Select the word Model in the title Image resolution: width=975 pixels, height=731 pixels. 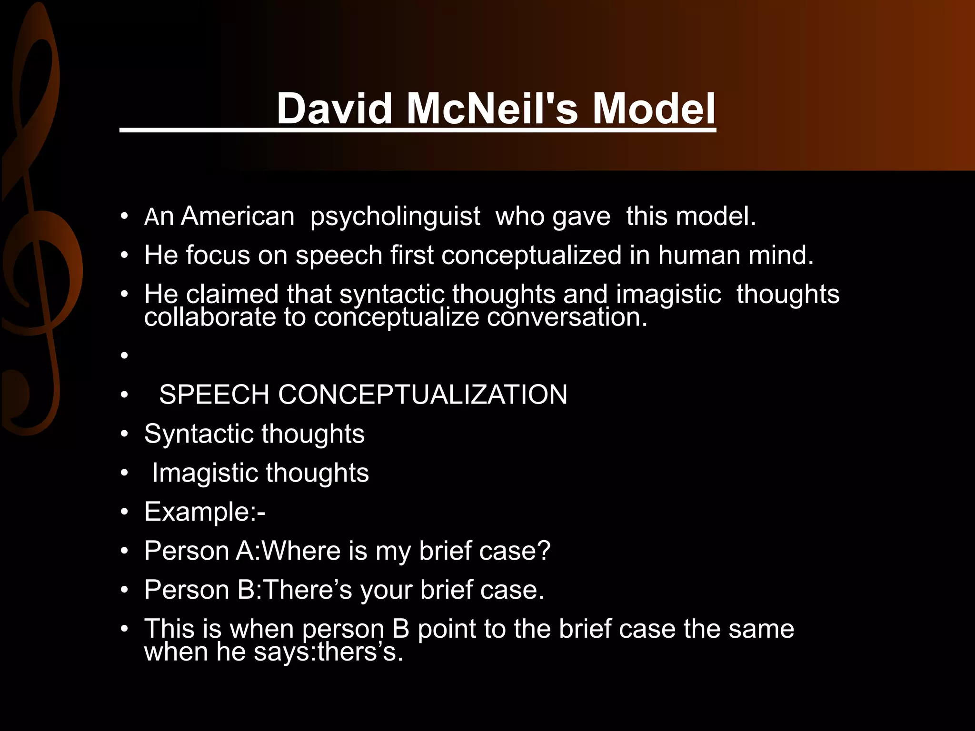(x=654, y=109)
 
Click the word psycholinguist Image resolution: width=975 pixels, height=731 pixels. (x=395, y=217)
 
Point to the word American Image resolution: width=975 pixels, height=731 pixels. (x=238, y=216)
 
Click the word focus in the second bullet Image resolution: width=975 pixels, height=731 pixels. (x=218, y=255)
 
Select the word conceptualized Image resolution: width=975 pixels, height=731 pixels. (x=531, y=256)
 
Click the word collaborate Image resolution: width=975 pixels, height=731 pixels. (x=210, y=317)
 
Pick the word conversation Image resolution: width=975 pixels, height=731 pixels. (x=567, y=317)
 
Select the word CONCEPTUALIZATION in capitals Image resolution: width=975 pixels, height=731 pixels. (x=423, y=395)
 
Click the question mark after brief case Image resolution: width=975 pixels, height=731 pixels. (x=544, y=551)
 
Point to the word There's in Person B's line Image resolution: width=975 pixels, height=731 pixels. (x=308, y=590)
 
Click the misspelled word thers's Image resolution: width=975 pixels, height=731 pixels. (x=359, y=652)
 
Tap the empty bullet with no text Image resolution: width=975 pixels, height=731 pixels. (x=125, y=356)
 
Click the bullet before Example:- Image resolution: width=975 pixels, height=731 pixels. (x=125, y=513)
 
